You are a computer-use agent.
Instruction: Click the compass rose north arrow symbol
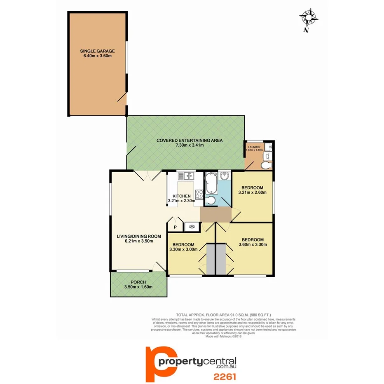point(309,19)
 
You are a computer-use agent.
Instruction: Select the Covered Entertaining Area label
point(189,143)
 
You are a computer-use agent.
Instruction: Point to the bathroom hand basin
point(225,177)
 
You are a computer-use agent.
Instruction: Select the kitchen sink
point(186,176)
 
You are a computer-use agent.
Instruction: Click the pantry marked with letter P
point(175,227)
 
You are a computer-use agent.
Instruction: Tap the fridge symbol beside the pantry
point(191,226)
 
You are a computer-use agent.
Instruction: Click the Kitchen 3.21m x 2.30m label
point(181,198)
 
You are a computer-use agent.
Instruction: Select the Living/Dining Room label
point(138,239)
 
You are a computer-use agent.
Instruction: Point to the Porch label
point(138,285)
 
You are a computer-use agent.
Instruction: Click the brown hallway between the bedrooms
point(215,215)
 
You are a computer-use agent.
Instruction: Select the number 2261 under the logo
point(224,376)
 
